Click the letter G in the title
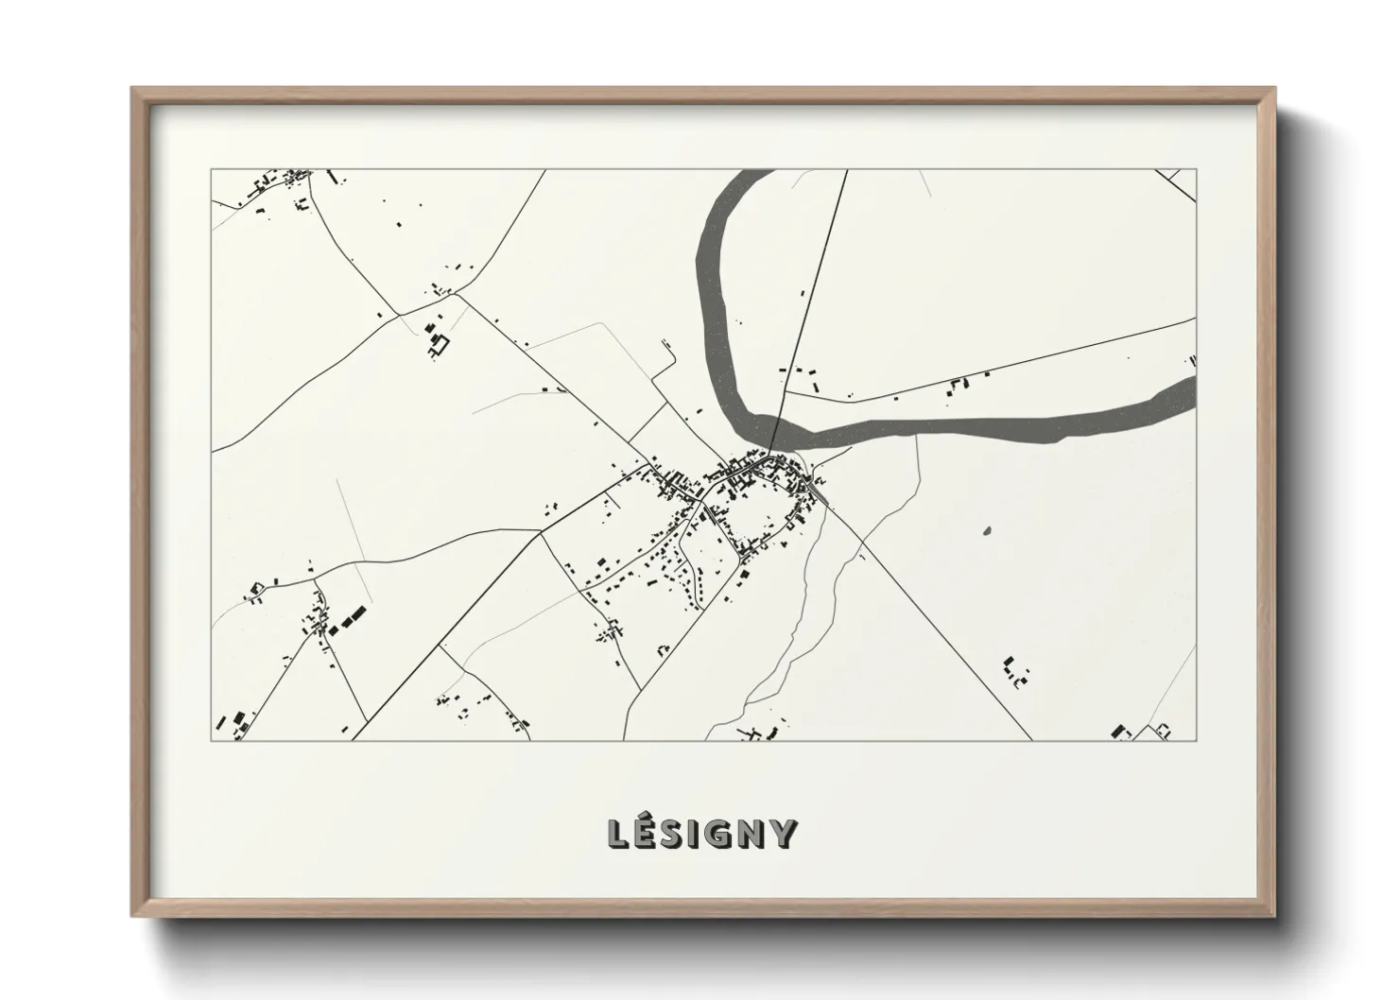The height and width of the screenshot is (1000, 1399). pos(725,834)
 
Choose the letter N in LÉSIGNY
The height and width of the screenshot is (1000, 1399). pos(755,834)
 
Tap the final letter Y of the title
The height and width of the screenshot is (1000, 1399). pos(784,834)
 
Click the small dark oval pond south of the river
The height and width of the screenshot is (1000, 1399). pos(989,530)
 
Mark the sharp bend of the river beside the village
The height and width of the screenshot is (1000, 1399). pos(747,422)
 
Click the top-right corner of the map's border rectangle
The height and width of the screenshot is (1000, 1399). pos(1196,170)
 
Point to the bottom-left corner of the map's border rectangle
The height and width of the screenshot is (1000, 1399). pos(212,740)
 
